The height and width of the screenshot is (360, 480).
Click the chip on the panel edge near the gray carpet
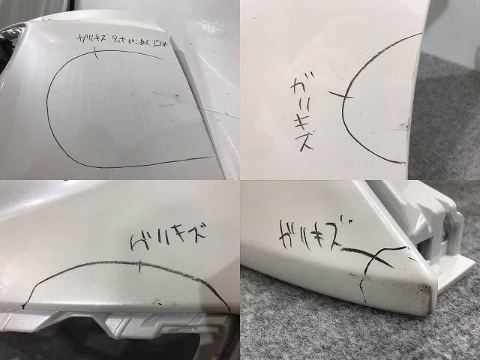pos(405,124)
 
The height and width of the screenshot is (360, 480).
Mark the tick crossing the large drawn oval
pos(96,52)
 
